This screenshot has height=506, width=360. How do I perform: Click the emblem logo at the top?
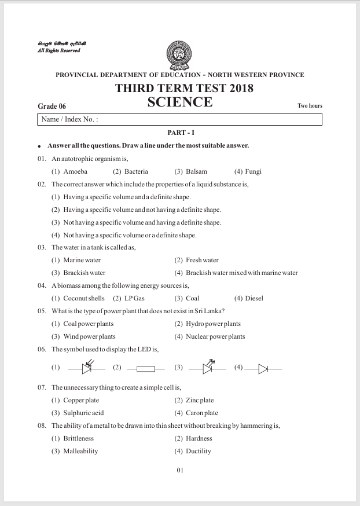click(179, 55)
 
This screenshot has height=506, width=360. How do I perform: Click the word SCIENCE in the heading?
click(180, 103)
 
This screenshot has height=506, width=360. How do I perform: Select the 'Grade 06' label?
click(52, 106)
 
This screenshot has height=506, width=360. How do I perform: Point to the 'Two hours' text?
click(310, 106)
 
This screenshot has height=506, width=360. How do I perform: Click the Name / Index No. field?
click(179, 119)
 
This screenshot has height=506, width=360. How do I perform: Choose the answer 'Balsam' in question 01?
click(196, 171)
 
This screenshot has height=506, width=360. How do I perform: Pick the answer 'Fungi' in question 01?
click(254, 171)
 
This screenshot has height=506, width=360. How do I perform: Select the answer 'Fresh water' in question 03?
click(202, 261)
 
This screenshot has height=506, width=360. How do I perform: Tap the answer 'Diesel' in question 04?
click(254, 299)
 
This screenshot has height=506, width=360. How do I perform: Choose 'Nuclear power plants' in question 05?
click(215, 337)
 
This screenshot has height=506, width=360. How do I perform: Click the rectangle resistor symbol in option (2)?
click(146, 368)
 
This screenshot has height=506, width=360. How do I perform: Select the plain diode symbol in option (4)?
click(263, 368)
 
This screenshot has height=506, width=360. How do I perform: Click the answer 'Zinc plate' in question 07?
click(200, 401)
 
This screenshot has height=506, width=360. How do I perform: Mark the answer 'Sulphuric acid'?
click(83, 413)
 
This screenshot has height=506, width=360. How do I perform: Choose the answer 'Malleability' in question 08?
click(80, 452)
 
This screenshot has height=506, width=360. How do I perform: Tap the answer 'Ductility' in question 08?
click(199, 452)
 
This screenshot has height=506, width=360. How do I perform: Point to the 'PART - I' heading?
click(180, 133)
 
